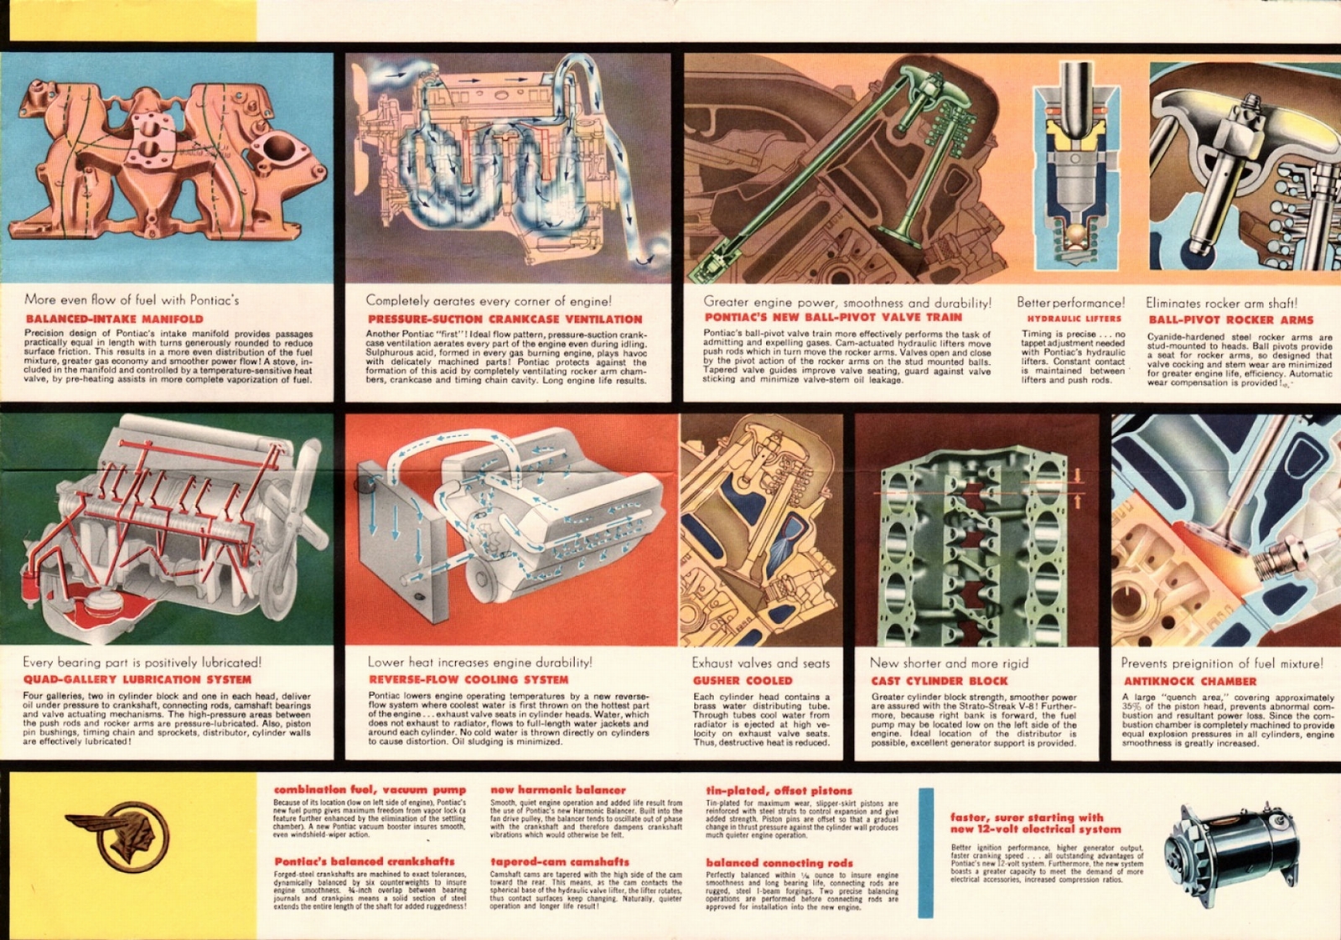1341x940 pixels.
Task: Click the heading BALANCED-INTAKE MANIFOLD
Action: click(x=114, y=319)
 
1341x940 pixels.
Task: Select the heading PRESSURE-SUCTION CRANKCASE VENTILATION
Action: click(x=505, y=319)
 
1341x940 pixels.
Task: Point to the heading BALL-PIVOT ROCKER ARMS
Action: click(x=1230, y=319)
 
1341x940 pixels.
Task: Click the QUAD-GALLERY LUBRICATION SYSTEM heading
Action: click(x=137, y=679)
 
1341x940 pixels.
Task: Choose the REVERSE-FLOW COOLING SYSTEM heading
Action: click(x=469, y=680)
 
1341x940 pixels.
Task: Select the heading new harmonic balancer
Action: click(x=557, y=790)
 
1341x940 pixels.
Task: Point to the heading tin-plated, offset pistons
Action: click(x=779, y=790)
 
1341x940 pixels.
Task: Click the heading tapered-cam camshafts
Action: click(x=559, y=861)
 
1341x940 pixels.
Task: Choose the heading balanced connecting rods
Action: click(x=779, y=862)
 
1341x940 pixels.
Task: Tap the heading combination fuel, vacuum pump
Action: click(x=370, y=790)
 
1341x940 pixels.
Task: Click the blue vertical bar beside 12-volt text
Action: click(x=926, y=852)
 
